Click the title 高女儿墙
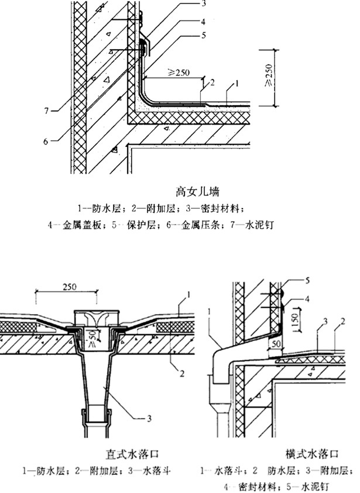[x=198, y=191]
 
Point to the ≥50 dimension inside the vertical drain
[x=95, y=337]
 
